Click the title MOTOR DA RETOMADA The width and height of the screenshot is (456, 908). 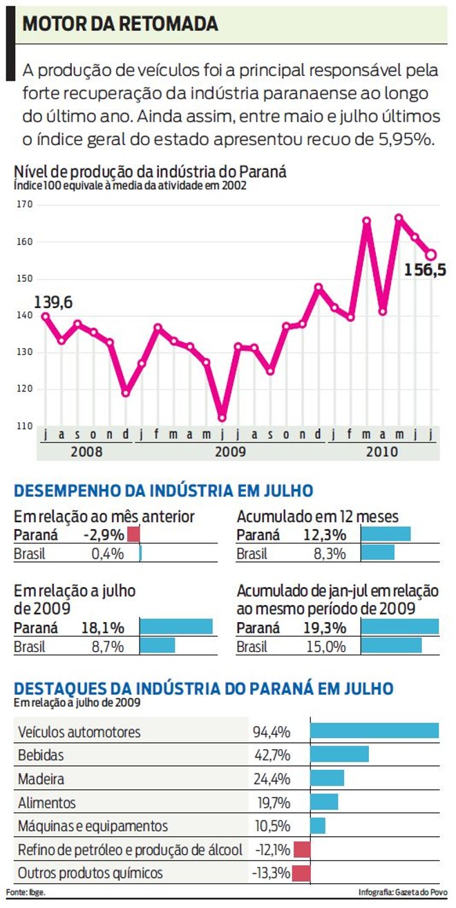click(x=120, y=25)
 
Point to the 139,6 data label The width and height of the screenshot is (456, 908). click(x=53, y=302)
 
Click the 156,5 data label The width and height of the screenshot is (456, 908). click(x=425, y=270)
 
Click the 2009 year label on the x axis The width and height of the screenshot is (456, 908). click(x=230, y=452)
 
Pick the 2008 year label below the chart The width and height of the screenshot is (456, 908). click(x=86, y=452)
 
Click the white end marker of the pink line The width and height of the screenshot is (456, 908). click(x=431, y=255)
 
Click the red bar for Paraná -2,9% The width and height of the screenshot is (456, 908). click(x=133, y=534)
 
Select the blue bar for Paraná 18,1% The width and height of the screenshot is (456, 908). click(x=176, y=627)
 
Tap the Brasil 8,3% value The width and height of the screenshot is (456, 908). click(x=332, y=553)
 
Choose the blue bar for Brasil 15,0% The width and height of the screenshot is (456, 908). click(x=391, y=646)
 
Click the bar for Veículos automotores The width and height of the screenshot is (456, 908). click(x=374, y=731)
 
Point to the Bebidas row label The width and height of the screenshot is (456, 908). click(x=41, y=755)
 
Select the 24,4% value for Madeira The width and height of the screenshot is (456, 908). click(x=272, y=779)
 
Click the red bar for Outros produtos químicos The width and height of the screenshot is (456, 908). click(x=302, y=873)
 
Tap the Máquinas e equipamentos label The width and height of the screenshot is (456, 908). click(x=93, y=826)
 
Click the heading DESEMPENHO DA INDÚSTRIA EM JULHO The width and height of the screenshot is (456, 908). click(x=164, y=491)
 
